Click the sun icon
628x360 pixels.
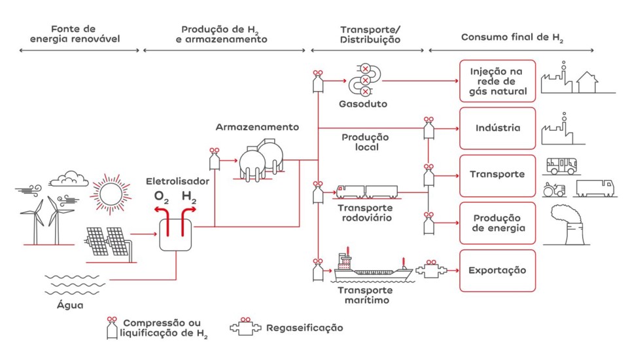click(x=107, y=194)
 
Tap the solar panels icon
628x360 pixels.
click(x=107, y=241)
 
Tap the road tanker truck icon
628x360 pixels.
click(x=366, y=192)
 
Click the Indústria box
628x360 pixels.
click(x=497, y=128)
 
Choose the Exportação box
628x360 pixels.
click(x=497, y=270)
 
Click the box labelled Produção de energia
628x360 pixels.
click(x=497, y=223)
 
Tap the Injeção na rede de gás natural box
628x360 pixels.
click(x=497, y=81)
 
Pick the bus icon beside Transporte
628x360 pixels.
click(x=561, y=165)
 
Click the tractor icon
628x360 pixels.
click(x=555, y=190)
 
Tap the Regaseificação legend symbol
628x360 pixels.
click(x=246, y=326)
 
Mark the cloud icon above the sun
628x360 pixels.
click(x=69, y=177)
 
